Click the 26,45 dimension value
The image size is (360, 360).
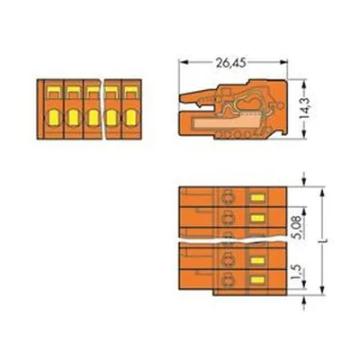(x=230, y=63)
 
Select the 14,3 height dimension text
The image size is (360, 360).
(x=306, y=108)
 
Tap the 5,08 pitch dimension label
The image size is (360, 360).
(x=297, y=227)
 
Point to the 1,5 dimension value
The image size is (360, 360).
(x=296, y=273)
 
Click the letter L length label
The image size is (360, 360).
(x=325, y=240)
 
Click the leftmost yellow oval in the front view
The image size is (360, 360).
(x=53, y=118)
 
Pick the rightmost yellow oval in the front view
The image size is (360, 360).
(x=130, y=118)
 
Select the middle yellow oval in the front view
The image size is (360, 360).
(x=92, y=118)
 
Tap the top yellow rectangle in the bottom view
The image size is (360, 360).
(x=257, y=197)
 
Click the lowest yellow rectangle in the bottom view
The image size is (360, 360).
(x=257, y=280)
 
